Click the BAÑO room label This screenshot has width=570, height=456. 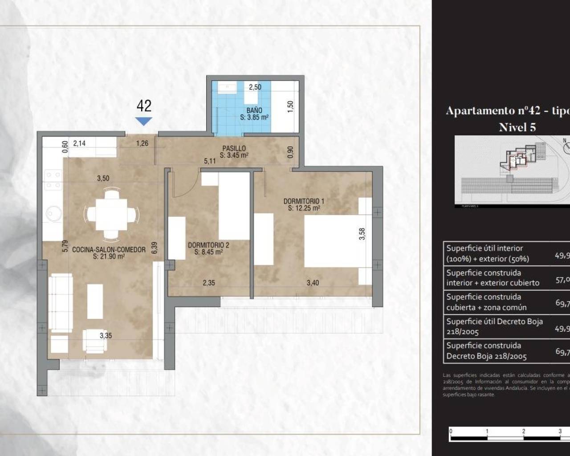click(254, 110)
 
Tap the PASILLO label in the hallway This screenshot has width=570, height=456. click(234, 149)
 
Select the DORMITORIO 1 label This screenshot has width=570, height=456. click(304, 201)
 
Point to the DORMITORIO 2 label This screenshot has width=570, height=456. click(208, 245)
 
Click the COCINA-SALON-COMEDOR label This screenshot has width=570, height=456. click(109, 250)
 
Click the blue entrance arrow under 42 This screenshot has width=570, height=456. click(143, 121)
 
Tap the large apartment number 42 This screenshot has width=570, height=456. click(144, 106)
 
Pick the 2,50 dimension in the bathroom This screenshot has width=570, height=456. click(255, 87)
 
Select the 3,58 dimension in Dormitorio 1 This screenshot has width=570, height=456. click(362, 234)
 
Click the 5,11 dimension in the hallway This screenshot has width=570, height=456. click(210, 161)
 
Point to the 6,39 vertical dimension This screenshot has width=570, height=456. click(154, 248)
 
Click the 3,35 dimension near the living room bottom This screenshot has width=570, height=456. click(106, 336)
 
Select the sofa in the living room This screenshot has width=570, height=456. click(60, 303)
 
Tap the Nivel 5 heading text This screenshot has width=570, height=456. click(517, 127)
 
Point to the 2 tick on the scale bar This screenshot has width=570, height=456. click(523, 432)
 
